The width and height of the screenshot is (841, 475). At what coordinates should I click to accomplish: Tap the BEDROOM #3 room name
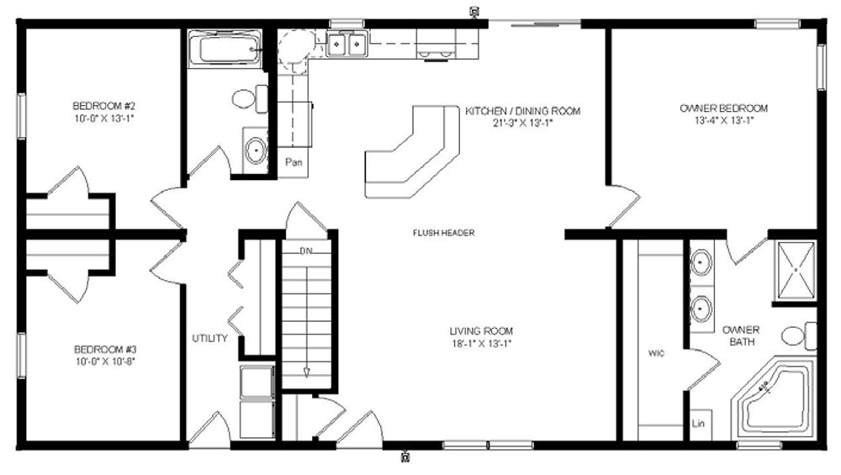coord(105,350)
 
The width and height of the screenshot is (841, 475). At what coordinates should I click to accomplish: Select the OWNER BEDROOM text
coord(723,108)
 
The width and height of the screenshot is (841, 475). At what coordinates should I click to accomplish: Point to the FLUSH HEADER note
coord(443,233)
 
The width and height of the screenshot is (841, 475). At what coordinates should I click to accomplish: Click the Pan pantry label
coord(294,162)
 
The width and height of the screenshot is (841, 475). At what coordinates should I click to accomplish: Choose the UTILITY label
coord(209,338)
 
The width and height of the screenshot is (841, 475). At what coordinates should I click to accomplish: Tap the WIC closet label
coord(656,353)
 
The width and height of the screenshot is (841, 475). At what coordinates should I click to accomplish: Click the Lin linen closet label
coord(698,424)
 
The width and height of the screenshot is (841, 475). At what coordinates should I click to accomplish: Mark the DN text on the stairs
coord(306,251)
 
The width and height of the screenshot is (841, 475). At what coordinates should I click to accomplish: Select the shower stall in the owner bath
coord(795,271)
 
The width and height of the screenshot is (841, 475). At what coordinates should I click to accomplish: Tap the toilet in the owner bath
coord(799,336)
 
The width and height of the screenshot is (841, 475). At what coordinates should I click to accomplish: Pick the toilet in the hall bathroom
coord(250,98)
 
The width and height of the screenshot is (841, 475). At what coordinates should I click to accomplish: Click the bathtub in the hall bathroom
coord(225,50)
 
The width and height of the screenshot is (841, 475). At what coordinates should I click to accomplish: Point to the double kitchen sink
coord(347,44)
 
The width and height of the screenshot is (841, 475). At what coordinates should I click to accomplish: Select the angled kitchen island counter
coord(412,151)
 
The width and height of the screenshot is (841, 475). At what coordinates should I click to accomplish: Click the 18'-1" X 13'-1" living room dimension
coord(482,344)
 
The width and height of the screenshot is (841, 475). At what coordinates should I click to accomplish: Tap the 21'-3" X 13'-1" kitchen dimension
coord(522,123)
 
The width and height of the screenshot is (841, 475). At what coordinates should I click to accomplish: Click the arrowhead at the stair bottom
coord(307,372)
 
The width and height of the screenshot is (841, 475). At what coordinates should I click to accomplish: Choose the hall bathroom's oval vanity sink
coord(256,150)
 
